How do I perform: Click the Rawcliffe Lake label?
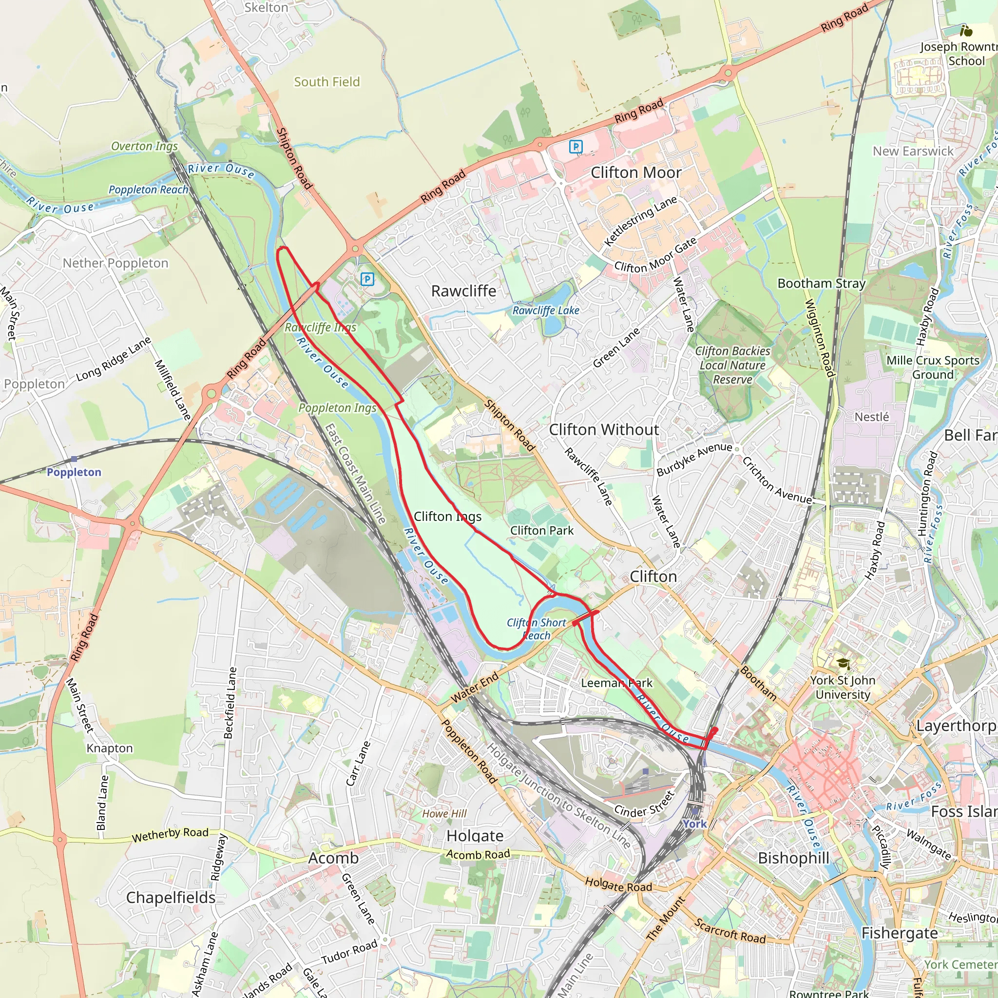[545, 310]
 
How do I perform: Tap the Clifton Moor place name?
[636, 173]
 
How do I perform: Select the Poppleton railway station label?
[74, 472]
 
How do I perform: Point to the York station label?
[694, 824]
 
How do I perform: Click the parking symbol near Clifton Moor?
[576, 147]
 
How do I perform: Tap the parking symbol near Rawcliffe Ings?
[367, 279]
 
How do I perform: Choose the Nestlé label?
[871, 417]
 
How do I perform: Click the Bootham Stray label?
[821, 283]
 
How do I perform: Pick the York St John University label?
[843, 688]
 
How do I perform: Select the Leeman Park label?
[617, 683]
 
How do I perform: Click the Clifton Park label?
[542, 531]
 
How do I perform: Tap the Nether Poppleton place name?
[115, 264]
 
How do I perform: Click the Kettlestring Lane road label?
[640, 221]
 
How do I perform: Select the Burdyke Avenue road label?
[694, 459]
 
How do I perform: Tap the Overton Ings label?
[145, 146]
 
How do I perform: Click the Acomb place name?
[333, 858]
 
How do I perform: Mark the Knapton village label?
[110, 748]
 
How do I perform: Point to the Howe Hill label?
[444, 814]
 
